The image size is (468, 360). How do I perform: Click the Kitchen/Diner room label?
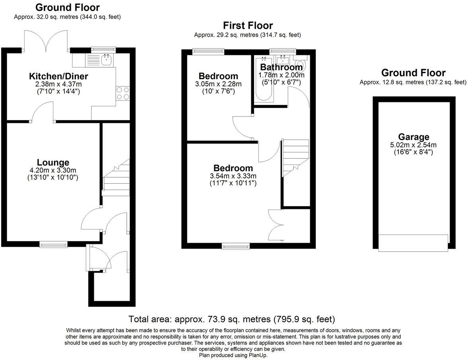pyautogui.click(x=58, y=76)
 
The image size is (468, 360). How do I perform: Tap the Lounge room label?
pyautogui.click(x=53, y=162)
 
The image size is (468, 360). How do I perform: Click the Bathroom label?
pyautogui.click(x=281, y=67)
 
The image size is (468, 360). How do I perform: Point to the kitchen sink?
pyautogui.click(x=106, y=60)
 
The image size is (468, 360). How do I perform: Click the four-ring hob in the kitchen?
pyautogui.click(x=123, y=93)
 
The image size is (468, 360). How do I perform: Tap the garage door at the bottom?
pyautogui.click(x=413, y=243)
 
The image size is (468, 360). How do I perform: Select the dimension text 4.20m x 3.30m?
pyautogui.click(x=53, y=170)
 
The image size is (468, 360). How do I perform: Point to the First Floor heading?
pyautogui.click(x=248, y=26)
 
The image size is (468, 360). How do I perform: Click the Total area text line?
pyautogui.click(x=232, y=319)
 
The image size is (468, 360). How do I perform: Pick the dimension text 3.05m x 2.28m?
pyautogui.click(x=218, y=84)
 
